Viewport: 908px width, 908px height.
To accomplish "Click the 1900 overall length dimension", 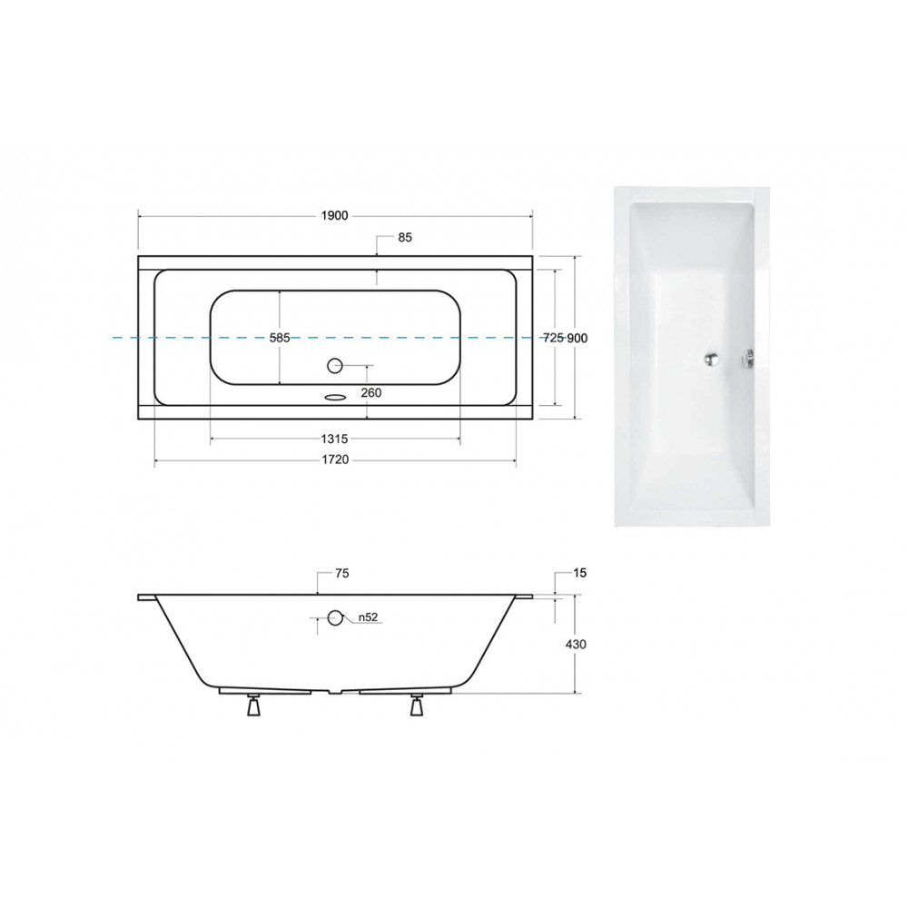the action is [x=335, y=215].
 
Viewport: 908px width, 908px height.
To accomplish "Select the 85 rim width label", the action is [x=405, y=237].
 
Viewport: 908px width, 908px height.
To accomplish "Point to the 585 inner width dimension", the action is [x=280, y=338].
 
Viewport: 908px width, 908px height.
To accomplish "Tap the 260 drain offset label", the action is [x=371, y=392].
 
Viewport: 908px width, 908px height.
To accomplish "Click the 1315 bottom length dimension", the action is [x=335, y=439].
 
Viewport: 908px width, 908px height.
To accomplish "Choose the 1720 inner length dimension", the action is [x=335, y=459].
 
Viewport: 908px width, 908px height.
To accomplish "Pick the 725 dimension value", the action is [x=554, y=338].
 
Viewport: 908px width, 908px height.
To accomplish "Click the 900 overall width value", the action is [x=577, y=338].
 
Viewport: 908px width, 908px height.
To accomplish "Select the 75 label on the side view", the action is [x=342, y=573].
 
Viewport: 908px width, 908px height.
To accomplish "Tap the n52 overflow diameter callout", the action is [x=368, y=617].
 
